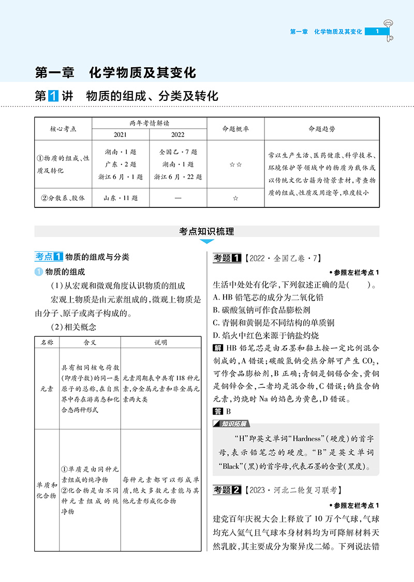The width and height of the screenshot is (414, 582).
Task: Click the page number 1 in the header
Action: (x=377, y=32)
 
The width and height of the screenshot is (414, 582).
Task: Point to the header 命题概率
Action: (x=235, y=128)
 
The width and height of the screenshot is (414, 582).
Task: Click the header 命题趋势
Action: (x=321, y=128)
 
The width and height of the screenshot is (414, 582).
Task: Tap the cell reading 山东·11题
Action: (x=120, y=198)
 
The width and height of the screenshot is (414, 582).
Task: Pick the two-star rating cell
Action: (x=235, y=164)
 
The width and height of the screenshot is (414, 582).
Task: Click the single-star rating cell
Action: (x=235, y=198)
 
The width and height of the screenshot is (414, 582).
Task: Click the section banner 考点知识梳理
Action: (x=206, y=232)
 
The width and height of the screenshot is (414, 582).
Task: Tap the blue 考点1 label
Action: (x=49, y=257)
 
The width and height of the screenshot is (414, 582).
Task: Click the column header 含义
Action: (x=90, y=342)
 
